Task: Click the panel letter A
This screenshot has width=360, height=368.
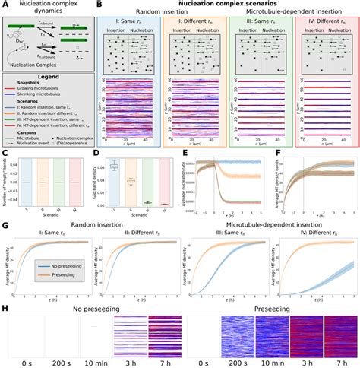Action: [x=5, y=5]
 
